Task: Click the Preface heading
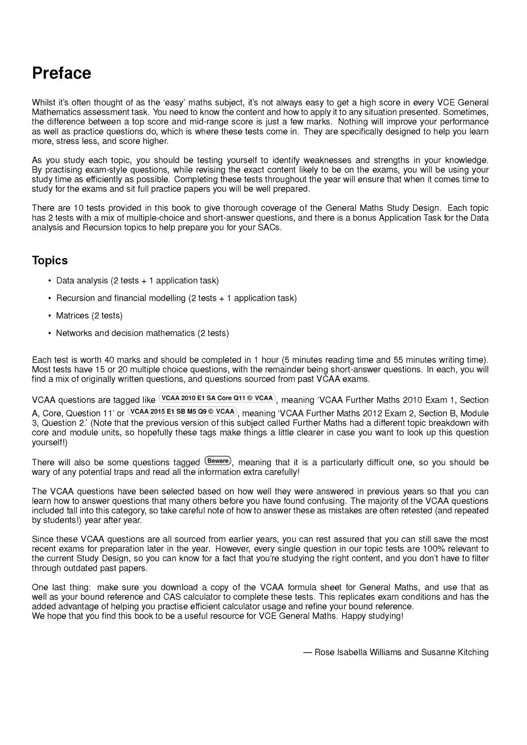point(61,73)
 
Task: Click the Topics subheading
point(50,260)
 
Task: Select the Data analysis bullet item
point(137,281)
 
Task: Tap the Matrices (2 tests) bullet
point(89,316)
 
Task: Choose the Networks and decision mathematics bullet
point(142,333)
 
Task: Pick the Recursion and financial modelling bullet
point(176,298)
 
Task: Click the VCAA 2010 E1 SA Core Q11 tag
point(217,398)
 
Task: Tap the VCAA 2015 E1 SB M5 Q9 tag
point(183,412)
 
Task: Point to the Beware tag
point(218,461)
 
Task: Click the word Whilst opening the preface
point(44,102)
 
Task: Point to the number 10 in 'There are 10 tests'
point(79,208)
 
